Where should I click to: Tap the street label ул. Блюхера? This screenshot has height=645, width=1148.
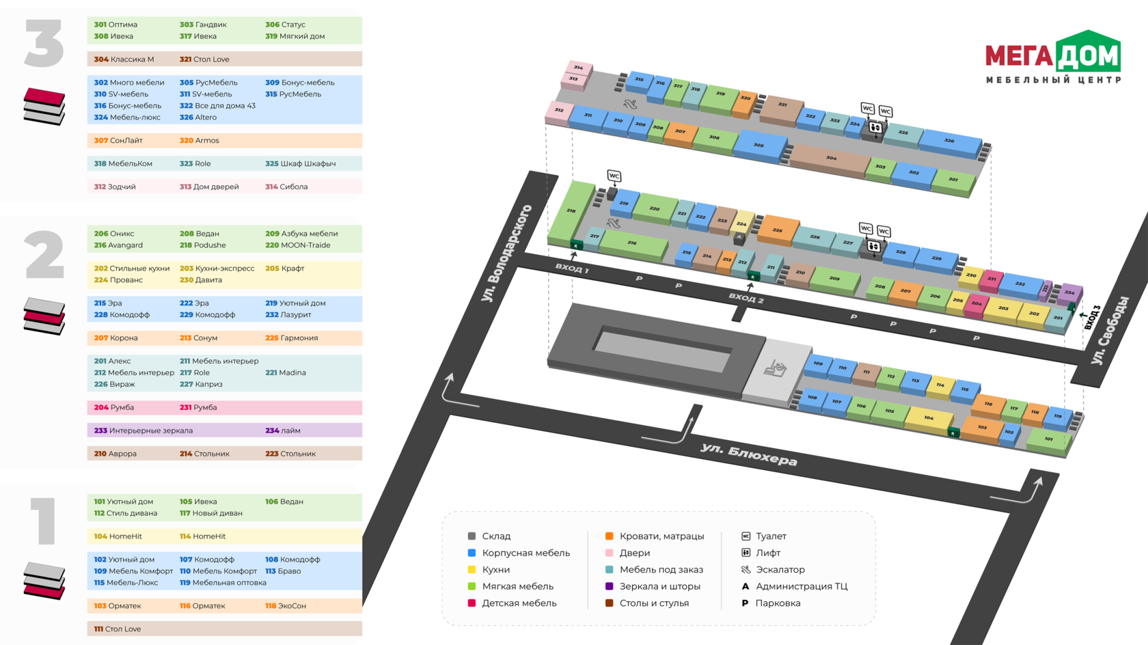tap(748, 454)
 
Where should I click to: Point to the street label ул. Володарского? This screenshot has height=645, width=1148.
tap(506, 253)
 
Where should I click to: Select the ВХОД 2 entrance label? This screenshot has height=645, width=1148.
tap(746, 298)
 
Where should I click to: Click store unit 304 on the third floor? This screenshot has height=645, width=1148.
tap(830, 159)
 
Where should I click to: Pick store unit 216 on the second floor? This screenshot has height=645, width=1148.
tap(632, 243)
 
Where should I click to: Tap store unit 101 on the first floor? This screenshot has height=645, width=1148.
tap(1048, 439)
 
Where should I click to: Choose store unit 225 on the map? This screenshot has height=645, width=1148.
tap(778, 230)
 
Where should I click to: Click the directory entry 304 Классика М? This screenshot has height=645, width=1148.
tap(124, 59)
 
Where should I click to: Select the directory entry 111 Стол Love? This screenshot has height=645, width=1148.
tap(118, 629)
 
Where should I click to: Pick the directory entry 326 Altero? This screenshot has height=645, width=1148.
tap(198, 118)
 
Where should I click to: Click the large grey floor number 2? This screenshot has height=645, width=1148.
tap(44, 255)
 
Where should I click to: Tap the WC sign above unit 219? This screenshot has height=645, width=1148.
tap(614, 176)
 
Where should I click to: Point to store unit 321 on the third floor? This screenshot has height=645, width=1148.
tap(782, 105)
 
